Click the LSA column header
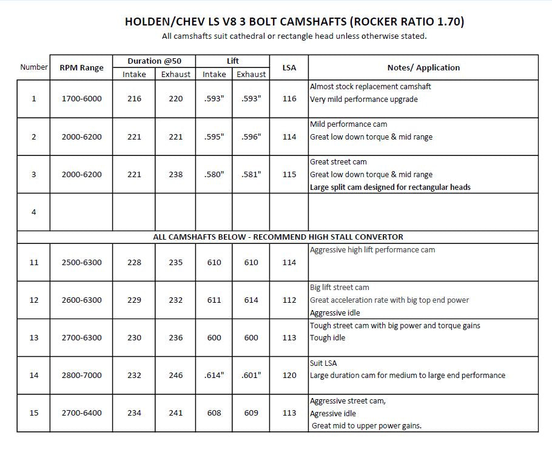tap(289, 67)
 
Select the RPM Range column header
tap(81, 68)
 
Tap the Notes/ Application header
tap(423, 67)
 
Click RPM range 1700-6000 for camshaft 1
tap(81, 99)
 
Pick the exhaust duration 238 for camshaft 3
tap(175, 174)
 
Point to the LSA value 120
tap(289, 375)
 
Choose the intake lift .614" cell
tap(214, 375)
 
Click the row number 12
tap(33, 300)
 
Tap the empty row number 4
tap(33, 212)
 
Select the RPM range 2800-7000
tap(81, 375)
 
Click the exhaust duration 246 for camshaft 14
tap(175, 375)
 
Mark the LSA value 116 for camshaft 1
tap(289, 99)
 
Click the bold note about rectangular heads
tap(390, 187)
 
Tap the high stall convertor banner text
tap(278, 237)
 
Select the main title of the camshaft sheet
tap(294, 22)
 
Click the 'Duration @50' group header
tap(154, 61)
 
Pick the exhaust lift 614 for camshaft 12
tap(251, 300)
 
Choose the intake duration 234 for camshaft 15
tap(134, 413)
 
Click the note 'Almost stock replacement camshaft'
tap(370, 86)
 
